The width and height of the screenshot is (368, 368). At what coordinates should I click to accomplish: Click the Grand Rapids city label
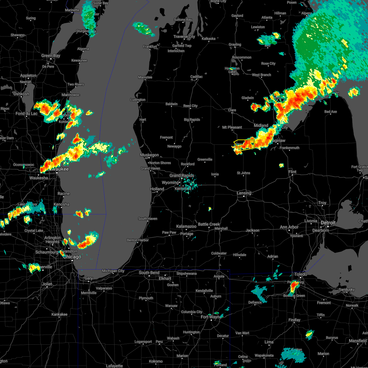pos(182,175)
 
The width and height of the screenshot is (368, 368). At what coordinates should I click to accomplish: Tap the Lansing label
pos(244,193)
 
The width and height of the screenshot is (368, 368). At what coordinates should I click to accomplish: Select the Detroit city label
pos(328,223)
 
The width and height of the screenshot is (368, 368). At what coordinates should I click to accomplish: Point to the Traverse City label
pos(184,36)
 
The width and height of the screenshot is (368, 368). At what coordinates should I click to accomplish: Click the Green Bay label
pos(51,56)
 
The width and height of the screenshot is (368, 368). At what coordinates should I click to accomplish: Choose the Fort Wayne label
pos(211,317)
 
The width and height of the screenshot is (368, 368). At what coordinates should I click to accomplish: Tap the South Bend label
pos(149,273)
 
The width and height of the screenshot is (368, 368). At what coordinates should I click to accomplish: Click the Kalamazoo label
pos(186,226)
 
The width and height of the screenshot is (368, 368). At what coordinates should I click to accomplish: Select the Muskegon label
pos(149,155)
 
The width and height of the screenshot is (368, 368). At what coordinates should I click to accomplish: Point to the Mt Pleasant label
pos(232,127)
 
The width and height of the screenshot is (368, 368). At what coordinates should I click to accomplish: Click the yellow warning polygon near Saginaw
pos(245,144)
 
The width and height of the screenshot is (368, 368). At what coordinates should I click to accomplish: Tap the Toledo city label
pos(301,274)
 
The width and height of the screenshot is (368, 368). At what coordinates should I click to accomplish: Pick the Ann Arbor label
pos(289,227)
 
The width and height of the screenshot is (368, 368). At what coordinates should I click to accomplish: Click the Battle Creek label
pos(209,224)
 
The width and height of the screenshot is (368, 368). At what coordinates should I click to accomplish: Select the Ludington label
pos(138,100)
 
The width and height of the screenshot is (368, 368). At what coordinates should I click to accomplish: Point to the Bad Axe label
pos(331,112)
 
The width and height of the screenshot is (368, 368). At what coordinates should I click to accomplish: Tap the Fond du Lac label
pos(26,114)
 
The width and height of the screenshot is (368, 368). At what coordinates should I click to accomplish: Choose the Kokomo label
pos(155,361)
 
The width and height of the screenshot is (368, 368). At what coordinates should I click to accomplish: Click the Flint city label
pos(292,172)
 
